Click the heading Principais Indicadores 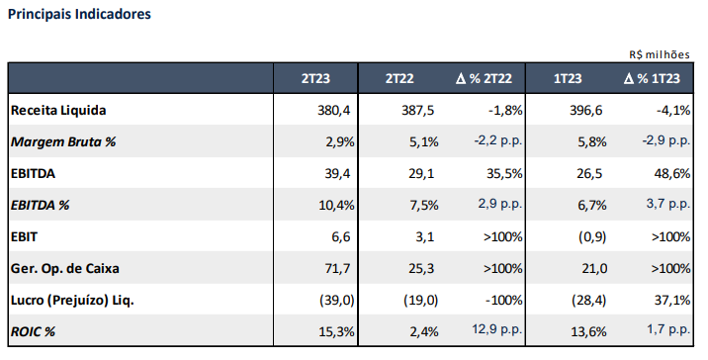coord(79,15)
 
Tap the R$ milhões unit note coord(660,54)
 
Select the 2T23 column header coord(315,78)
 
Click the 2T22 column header coord(399,78)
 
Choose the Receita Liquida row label coord(58,110)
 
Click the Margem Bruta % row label coord(63,141)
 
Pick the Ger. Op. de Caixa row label coord(65,268)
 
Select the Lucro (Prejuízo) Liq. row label coord(72,300)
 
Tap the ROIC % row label coord(33,331)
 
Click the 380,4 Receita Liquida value coord(333,110)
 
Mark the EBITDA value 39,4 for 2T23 coord(337,173)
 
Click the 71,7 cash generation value coord(337,268)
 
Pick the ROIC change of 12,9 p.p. coord(497,329)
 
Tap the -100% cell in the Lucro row coord(504,300)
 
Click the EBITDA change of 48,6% coord(672,173)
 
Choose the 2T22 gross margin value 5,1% coord(424,141)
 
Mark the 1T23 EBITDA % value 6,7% coord(592,205)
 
